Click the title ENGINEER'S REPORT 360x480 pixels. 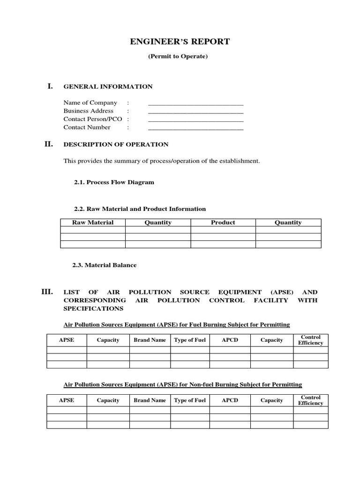click(180, 42)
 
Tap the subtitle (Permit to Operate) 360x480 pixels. click(178, 57)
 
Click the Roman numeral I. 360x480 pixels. click(50, 86)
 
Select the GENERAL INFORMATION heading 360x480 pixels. click(108, 87)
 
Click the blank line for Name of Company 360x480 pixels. click(196, 104)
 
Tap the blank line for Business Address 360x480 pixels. click(196, 112)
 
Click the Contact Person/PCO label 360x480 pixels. click(92, 119)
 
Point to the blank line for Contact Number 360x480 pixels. click(196, 128)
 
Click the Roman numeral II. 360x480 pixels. click(49, 144)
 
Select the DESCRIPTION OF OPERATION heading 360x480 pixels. click(116, 145)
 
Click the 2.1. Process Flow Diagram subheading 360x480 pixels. click(114, 182)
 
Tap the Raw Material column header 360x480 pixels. click(93, 223)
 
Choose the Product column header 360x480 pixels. click(223, 223)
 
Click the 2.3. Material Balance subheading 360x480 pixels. click(105, 265)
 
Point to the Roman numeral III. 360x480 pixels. click(48, 292)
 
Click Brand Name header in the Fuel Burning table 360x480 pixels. click(150, 340)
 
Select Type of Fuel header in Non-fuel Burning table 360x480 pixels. click(190, 401)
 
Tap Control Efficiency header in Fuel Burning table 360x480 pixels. click(311, 340)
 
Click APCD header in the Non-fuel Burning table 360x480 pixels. click(230, 401)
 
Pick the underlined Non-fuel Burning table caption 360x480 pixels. click(183, 385)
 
